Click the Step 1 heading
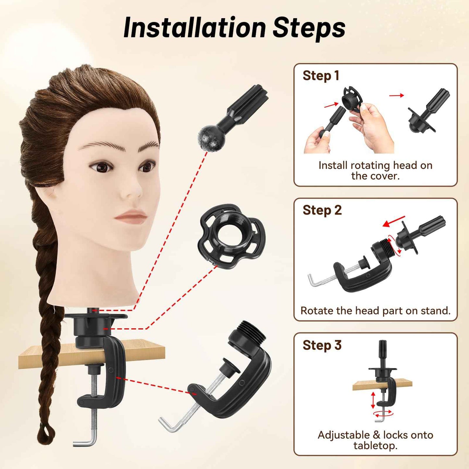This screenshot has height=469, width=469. tap(321, 76)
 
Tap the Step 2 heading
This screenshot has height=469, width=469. tap(322, 210)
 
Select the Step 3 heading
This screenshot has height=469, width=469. tap(322, 345)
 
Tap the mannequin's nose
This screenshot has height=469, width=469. tap(133, 190)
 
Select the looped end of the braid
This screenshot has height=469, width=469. tap(45, 433)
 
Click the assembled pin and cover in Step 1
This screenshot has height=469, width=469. tap(428, 112)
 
